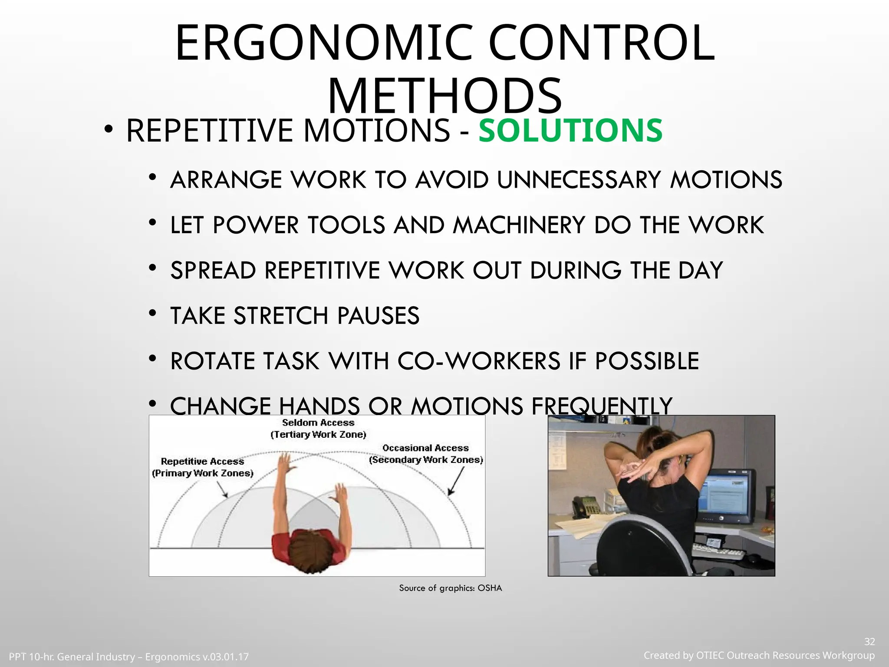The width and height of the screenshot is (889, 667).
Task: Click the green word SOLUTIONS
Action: (x=570, y=131)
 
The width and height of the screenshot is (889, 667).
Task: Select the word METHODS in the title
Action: (x=444, y=96)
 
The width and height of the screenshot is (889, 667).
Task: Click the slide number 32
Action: (x=869, y=642)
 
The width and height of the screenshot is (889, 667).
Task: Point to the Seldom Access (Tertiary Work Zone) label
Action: (x=318, y=429)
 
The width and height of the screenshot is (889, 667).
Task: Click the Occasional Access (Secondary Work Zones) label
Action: (x=426, y=454)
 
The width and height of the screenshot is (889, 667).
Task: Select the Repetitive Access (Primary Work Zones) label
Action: (x=202, y=467)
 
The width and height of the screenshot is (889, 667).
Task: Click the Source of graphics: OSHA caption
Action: (x=450, y=588)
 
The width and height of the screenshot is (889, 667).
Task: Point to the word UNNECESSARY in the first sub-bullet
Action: (x=579, y=180)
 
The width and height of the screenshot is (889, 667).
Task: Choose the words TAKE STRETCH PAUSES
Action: (x=295, y=316)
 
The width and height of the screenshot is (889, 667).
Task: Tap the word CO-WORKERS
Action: (x=479, y=361)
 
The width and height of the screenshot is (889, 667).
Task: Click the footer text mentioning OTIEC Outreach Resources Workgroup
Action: (x=759, y=655)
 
